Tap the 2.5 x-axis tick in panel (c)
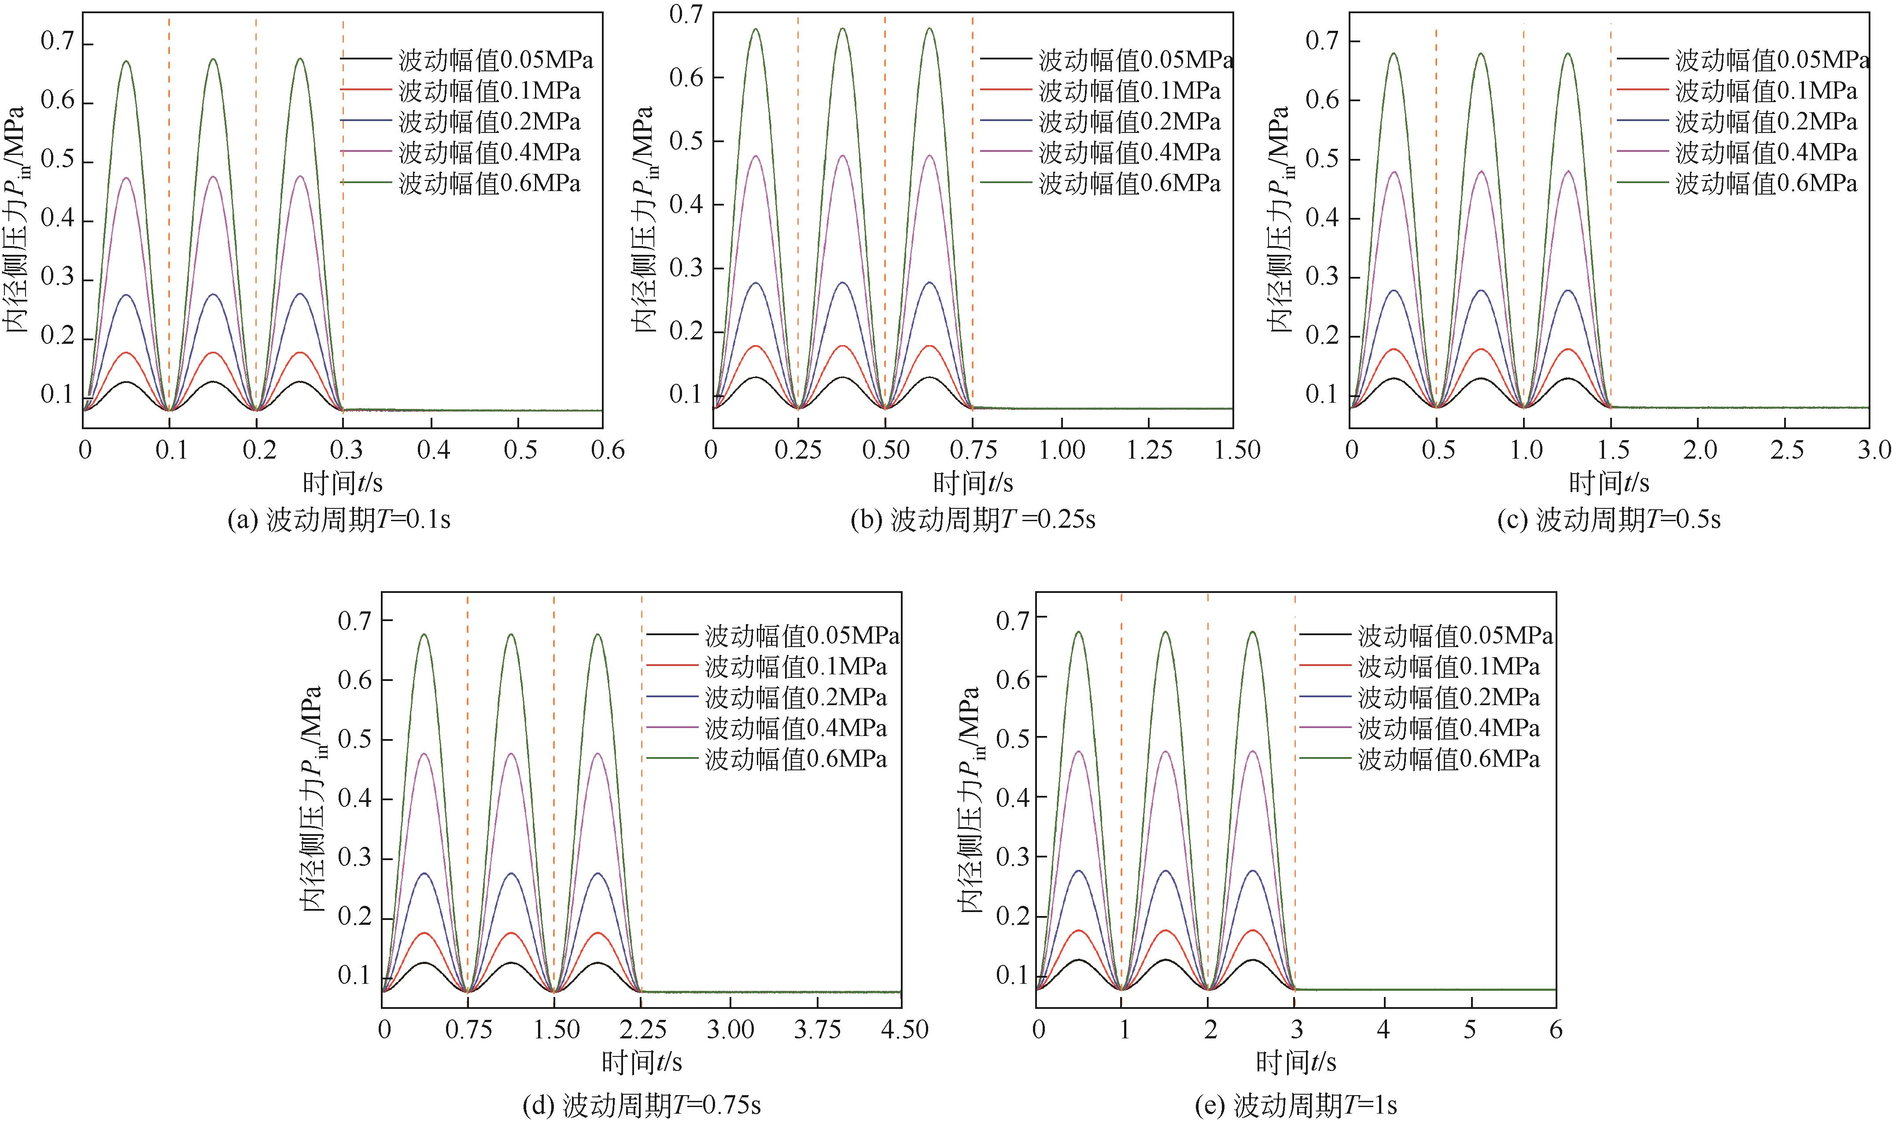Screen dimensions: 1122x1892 pos(1787,451)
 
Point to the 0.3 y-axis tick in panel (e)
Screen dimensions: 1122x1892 pos(1013,857)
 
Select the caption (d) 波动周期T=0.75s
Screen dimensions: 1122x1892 pos(642,1105)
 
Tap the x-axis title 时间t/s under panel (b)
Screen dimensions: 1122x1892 pos(973,482)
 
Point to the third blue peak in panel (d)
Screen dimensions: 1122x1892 pos(599,873)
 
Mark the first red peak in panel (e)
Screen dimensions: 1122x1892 pos(1078,931)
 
